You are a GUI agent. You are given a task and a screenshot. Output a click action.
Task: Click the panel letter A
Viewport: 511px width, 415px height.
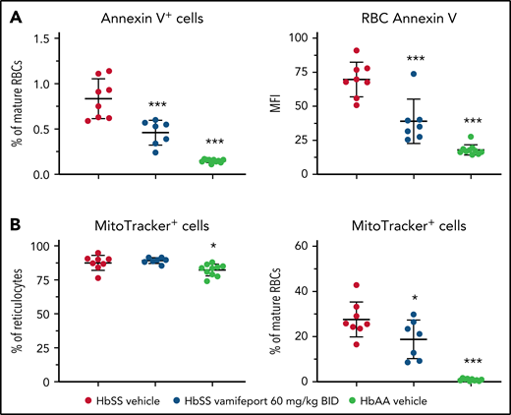pyautogui.click(x=13, y=14)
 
